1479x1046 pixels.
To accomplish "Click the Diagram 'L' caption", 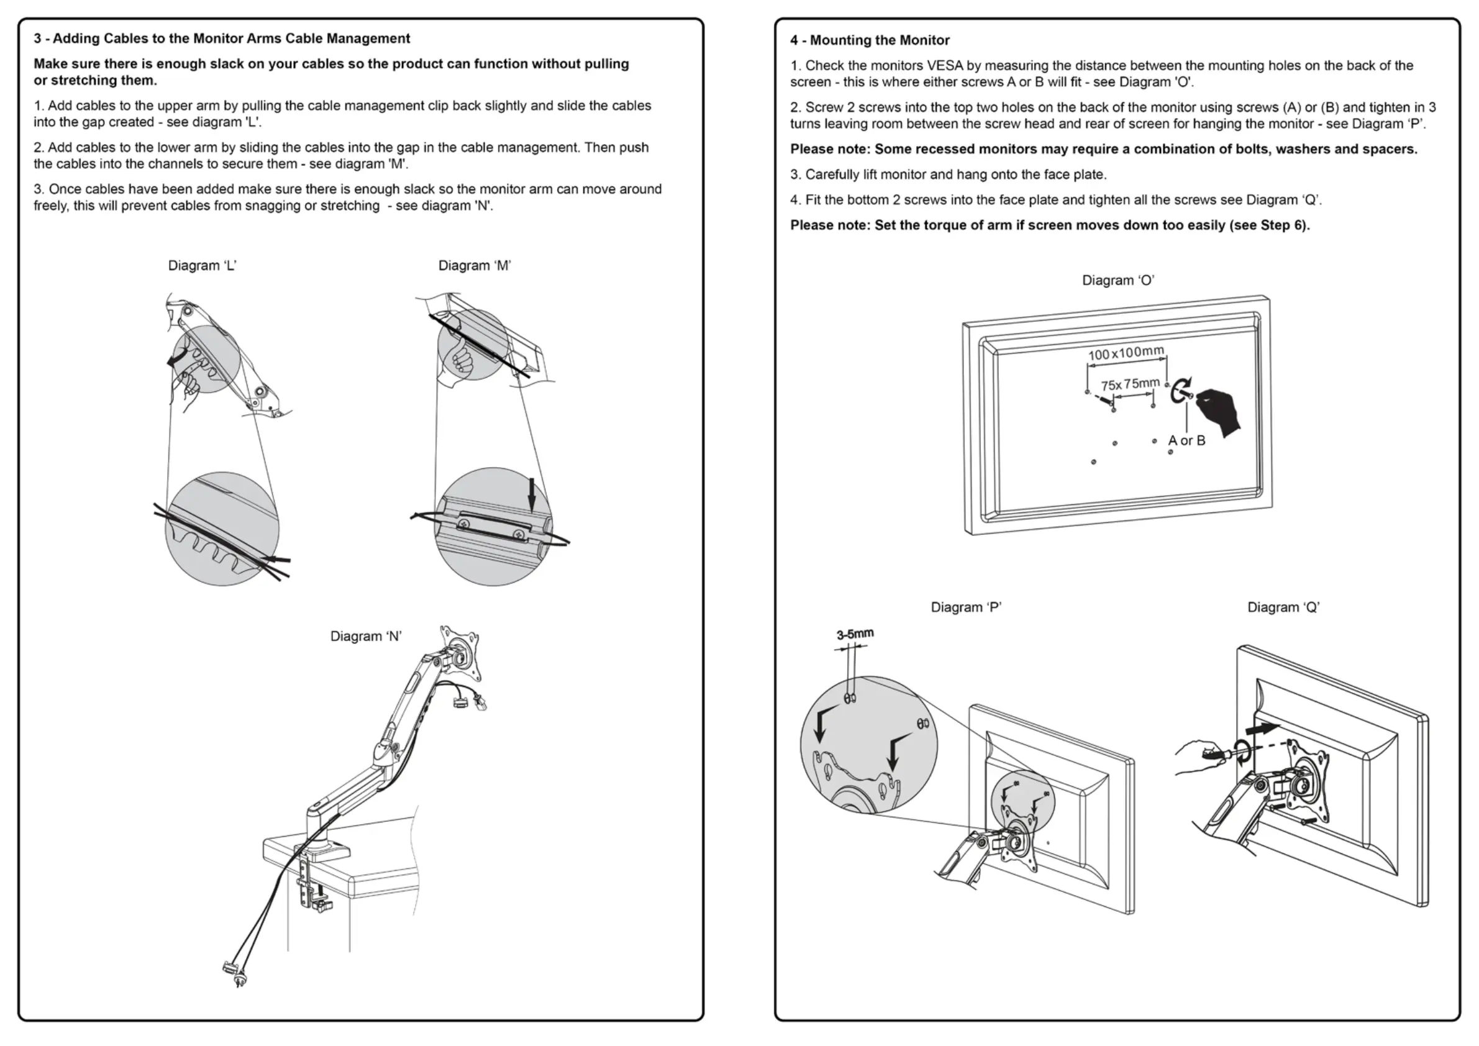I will pyautogui.click(x=203, y=266).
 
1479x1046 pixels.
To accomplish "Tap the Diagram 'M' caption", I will pyautogui.click(x=475, y=266).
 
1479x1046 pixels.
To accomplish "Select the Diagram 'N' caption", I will pyautogui.click(x=366, y=637).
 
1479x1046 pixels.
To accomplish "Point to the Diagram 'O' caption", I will pyautogui.click(x=1117, y=281).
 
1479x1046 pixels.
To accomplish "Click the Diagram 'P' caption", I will pyautogui.click(x=965, y=607).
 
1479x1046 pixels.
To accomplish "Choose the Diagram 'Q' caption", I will pyautogui.click(x=1283, y=607).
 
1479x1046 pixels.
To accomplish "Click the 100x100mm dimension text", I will pyautogui.click(x=1126, y=353).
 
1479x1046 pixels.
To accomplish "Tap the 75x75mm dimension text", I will pyautogui.click(x=1130, y=384).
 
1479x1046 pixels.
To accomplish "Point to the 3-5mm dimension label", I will pyautogui.click(x=855, y=634).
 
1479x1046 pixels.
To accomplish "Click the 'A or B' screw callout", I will pyautogui.click(x=1186, y=440).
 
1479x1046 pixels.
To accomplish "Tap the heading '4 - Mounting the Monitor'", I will pyautogui.click(x=870, y=40).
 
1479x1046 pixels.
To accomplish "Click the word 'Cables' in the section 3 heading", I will pyautogui.click(x=127, y=39).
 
